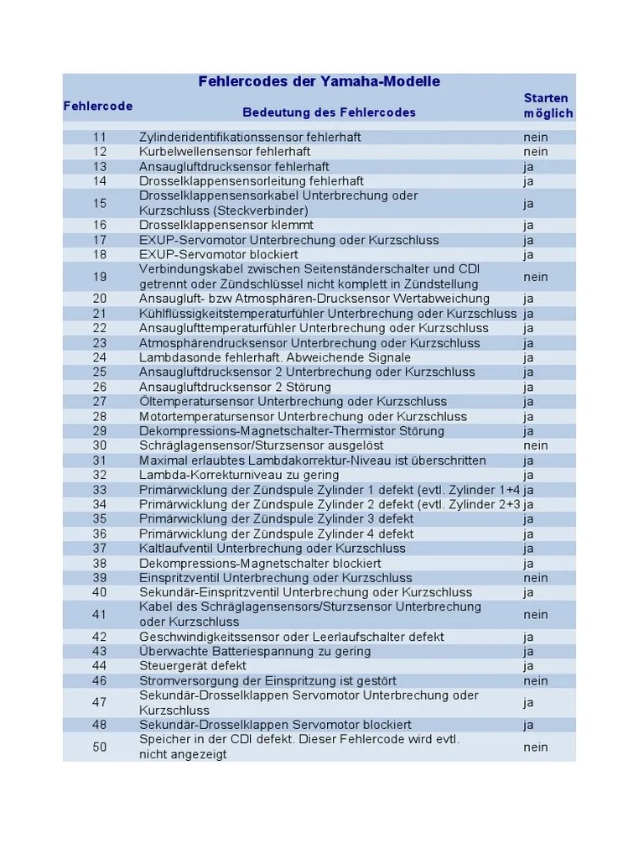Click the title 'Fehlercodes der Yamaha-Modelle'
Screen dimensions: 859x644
319,81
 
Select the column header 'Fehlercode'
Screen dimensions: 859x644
98,106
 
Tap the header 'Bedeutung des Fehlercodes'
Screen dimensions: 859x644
329,112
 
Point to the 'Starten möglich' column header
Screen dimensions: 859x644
548,106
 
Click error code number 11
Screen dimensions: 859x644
100,137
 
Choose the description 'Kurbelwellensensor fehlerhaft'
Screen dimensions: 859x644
225,152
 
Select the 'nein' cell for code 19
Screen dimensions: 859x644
536,276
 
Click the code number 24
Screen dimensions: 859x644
100,357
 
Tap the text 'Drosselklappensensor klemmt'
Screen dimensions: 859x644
226,225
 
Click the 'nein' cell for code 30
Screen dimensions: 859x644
536,445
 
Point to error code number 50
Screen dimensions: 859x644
100,747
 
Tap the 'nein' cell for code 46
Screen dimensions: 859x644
536,680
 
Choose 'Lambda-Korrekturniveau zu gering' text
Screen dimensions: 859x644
239,475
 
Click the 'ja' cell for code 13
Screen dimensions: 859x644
529,166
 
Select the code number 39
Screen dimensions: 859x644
100,578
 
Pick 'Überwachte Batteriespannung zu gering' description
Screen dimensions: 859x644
254,651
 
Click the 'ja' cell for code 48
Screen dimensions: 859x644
529,725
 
